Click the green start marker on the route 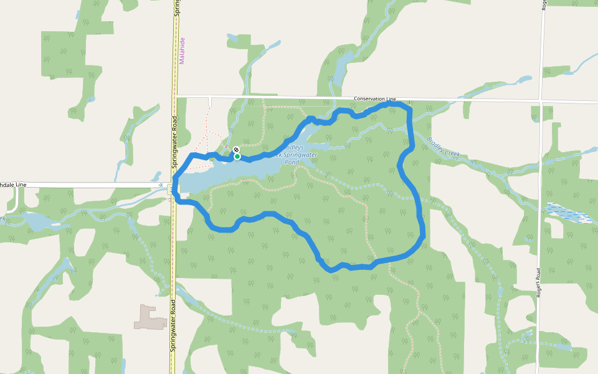tap(237, 156)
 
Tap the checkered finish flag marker tap(236, 150)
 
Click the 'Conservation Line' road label tap(374, 99)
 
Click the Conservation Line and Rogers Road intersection tap(541, 101)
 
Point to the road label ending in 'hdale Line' tap(14, 185)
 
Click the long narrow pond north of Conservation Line tap(340, 69)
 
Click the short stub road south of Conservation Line tap(211, 102)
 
